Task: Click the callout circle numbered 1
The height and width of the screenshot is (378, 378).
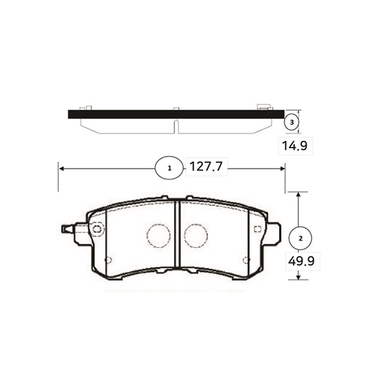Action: coord(168,168)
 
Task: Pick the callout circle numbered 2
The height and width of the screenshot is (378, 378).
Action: coord(301,238)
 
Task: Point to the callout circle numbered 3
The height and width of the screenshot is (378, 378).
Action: coord(290,122)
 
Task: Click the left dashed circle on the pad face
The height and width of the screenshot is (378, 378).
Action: coord(158,236)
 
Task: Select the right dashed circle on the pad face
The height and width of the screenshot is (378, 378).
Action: coord(195,236)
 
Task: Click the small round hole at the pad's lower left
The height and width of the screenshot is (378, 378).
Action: coord(108,260)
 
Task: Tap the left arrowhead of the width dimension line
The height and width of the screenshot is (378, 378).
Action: coord(61,168)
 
